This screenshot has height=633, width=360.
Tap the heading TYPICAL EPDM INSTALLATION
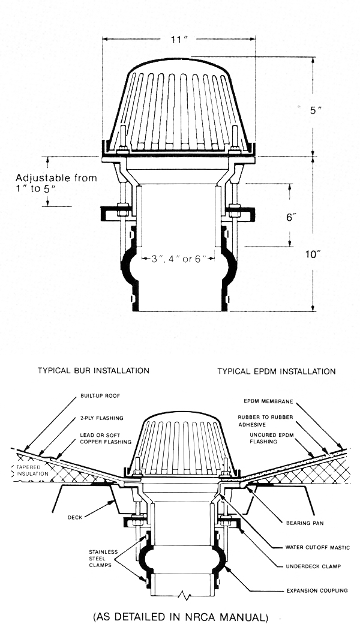pos(277,371)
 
